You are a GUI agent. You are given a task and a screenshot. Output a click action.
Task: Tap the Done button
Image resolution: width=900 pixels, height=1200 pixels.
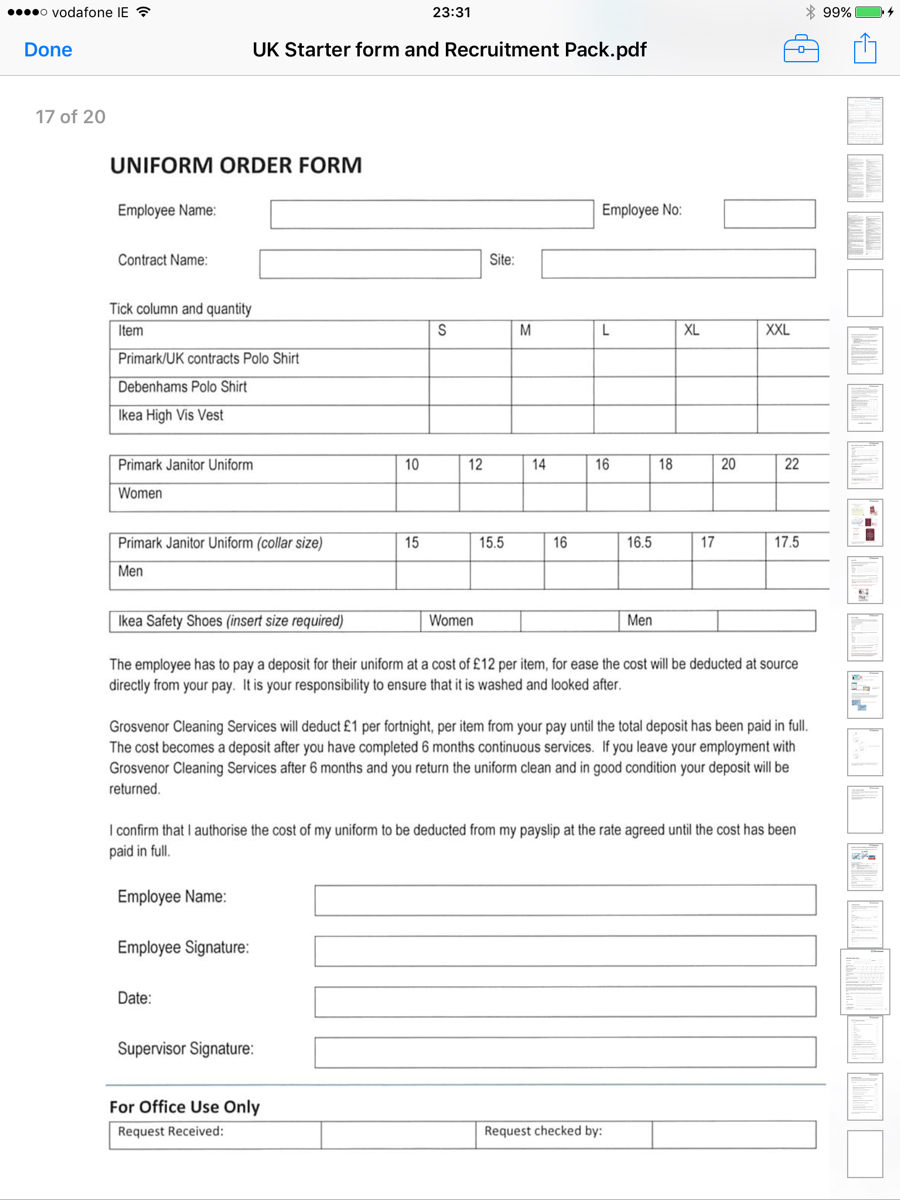point(48,50)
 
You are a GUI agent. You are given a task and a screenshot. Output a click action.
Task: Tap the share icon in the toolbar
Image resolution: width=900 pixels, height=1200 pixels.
point(865,49)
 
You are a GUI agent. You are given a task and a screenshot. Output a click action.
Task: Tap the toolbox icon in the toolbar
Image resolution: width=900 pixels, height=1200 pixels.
point(801,49)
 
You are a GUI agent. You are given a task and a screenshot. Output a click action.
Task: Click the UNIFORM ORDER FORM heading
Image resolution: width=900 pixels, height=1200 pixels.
point(236,166)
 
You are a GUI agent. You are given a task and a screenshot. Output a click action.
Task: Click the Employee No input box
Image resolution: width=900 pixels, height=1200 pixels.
point(769,214)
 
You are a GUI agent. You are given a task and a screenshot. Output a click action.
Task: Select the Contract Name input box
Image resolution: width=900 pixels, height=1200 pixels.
point(370,263)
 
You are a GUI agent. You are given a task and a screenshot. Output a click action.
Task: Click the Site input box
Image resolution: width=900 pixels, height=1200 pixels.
point(678,263)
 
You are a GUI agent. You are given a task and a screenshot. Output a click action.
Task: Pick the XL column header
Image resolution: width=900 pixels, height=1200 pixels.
point(692,331)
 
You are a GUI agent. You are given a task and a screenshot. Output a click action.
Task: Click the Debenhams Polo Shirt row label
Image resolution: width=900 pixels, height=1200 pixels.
point(182,387)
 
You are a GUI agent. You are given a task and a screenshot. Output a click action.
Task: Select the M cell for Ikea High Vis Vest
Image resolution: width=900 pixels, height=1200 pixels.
point(552,418)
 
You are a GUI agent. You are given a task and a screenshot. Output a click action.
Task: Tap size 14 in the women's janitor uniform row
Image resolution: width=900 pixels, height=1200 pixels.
point(539,465)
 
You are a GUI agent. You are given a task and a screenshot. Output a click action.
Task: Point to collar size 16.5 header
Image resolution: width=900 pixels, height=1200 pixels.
point(639,543)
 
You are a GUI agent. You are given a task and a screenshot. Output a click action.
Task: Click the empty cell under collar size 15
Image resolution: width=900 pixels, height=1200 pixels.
point(432,575)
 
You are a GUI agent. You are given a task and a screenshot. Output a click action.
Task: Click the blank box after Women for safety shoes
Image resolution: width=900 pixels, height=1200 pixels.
point(569,621)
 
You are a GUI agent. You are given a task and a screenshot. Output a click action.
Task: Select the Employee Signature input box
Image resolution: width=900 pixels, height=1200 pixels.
point(565,951)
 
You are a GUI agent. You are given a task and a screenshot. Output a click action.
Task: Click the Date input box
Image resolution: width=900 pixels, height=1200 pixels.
point(565,1002)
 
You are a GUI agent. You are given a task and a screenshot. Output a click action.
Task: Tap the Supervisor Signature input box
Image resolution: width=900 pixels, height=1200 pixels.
point(565,1052)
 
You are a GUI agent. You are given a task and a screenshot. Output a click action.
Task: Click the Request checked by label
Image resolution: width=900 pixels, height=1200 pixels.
point(543,1132)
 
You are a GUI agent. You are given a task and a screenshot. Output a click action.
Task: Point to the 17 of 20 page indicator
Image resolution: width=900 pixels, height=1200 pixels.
point(70,117)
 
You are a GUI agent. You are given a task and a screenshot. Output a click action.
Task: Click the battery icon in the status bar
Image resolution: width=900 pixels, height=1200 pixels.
point(869,13)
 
